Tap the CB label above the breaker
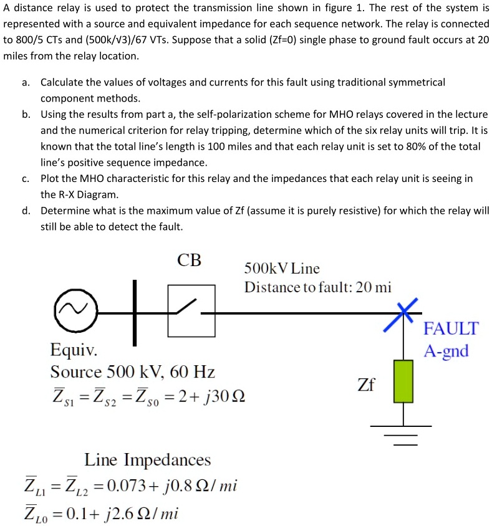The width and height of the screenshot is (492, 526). click(189, 261)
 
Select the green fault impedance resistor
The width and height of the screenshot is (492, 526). click(404, 380)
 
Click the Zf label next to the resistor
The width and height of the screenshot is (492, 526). click(366, 384)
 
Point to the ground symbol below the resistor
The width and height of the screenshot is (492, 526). click(404, 434)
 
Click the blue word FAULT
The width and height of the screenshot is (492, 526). click(450, 328)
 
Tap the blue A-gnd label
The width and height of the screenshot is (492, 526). click(446, 351)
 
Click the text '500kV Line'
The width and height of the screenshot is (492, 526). click(282, 269)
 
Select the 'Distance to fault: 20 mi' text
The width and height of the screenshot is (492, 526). click(317, 287)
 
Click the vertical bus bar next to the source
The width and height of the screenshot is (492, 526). click(133, 312)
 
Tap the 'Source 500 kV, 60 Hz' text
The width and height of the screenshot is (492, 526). click(132, 372)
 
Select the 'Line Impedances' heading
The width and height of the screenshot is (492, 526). click(147, 460)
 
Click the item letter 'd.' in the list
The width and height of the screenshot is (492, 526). click(26, 211)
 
